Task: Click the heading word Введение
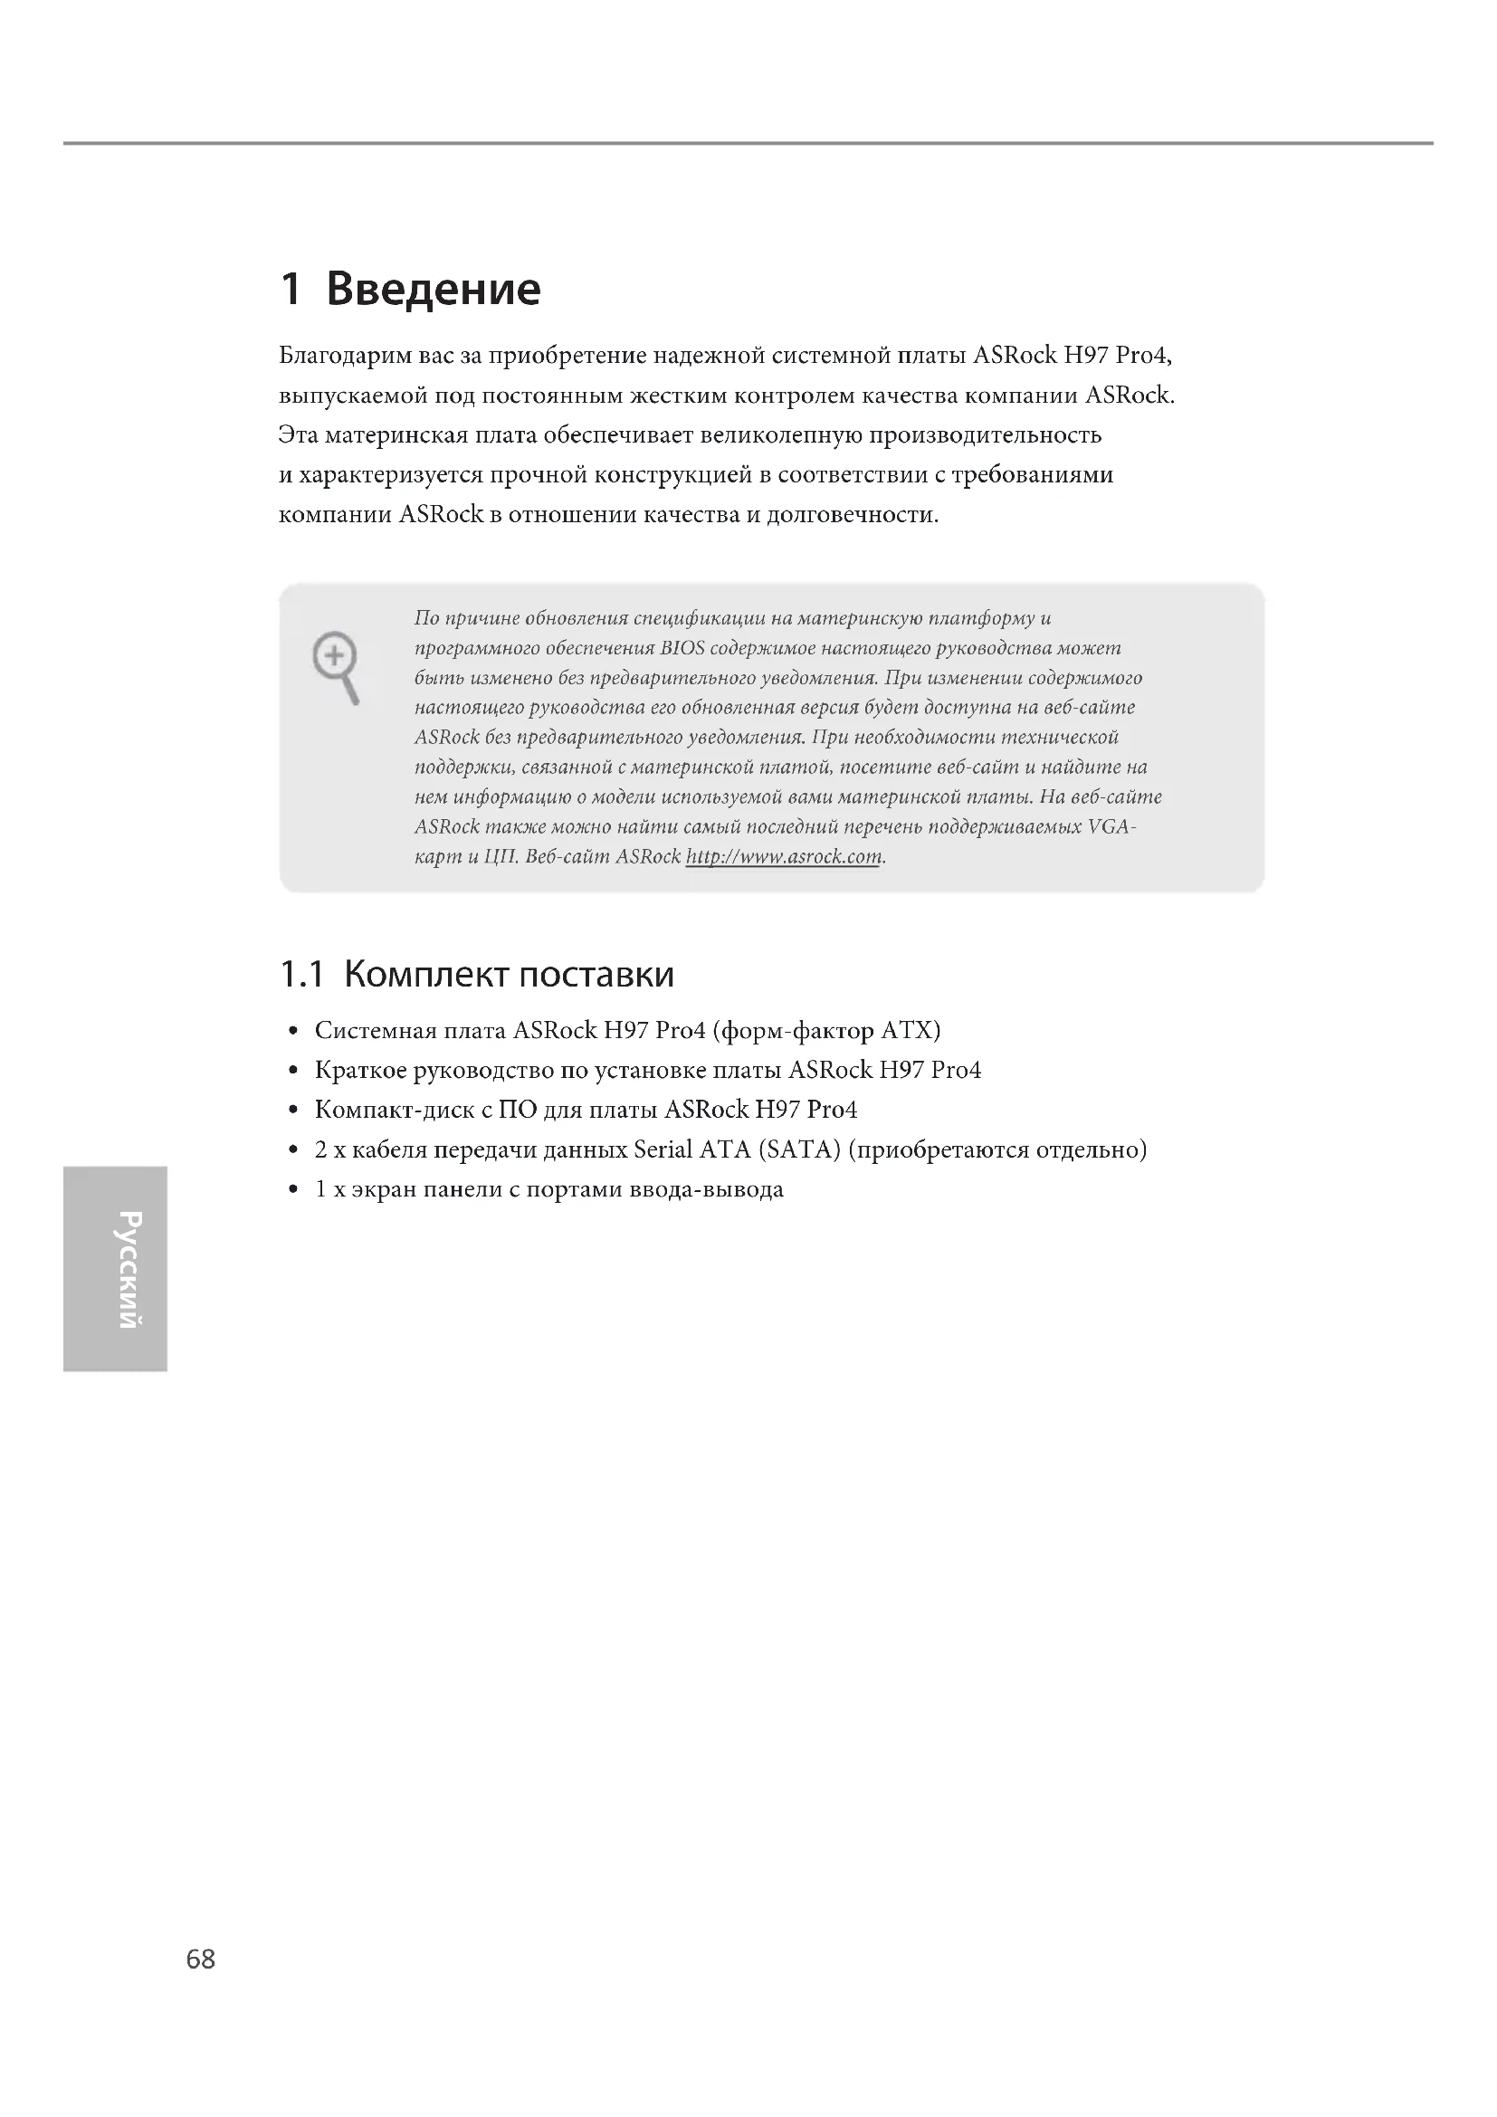point(434,289)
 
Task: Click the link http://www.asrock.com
point(785,856)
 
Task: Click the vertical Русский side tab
point(112,1269)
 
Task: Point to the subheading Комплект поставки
point(509,974)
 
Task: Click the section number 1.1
point(301,975)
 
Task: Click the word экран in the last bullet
point(384,1189)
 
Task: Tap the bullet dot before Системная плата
point(293,1031)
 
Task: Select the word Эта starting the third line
point(299,435)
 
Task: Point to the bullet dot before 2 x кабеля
point(293,1150)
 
